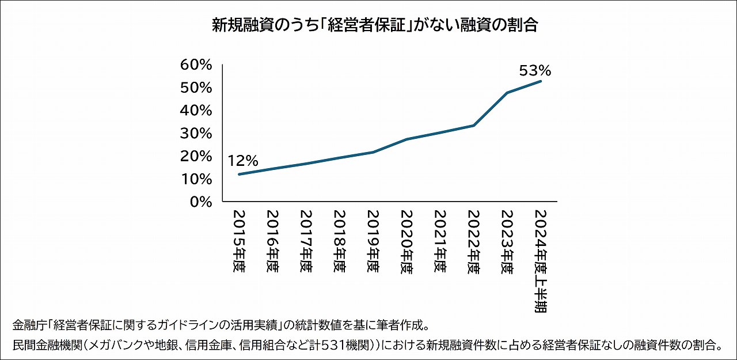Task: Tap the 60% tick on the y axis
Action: click(196, 65)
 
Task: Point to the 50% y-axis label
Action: click(196, 88)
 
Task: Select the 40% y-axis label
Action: click(196, 110)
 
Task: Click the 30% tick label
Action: click(196, 133)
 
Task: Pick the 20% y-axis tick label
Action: click(196, 156)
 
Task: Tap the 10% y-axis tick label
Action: click(196, 179)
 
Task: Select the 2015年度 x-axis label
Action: click(239, 241)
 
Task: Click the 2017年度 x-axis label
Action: click(306, 241)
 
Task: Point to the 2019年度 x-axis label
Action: click(373, 241)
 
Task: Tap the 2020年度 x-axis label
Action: click(407, 241)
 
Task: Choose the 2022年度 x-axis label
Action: click(474, 241)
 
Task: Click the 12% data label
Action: click(243, 161)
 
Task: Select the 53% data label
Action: click(535, 71)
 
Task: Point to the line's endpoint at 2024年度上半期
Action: click(541, 81)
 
